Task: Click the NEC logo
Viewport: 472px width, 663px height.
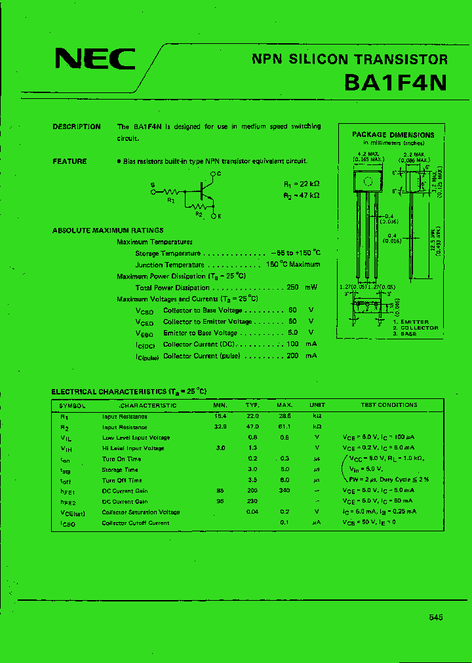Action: tap(94, 60)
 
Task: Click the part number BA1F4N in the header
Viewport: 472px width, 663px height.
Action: tap(396, 83)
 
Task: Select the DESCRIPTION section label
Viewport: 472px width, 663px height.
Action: tap(77, 127)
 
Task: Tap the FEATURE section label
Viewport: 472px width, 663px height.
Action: tap(69, 161)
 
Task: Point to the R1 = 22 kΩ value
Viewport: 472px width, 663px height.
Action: tap(302, 185)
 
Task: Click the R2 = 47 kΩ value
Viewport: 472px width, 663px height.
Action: tap(302, 195)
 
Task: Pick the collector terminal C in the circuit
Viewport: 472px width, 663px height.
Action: tap(218, 173)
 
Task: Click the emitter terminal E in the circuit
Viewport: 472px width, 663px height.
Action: tap(219, 215)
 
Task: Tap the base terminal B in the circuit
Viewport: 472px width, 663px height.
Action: tap(152, 185)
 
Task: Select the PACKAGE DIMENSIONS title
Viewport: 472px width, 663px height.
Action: tap(393, 134)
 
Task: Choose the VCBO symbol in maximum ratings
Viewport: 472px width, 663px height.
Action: tap(144, 311)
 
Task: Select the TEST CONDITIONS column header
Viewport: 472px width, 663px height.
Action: tap(389, 405)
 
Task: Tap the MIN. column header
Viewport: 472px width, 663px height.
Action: tap(220, 405)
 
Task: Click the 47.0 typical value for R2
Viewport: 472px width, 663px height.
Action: tap(252, 426)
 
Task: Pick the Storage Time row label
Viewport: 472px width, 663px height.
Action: tap(121, 469)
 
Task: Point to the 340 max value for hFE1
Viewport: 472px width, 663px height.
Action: tap(284, 491)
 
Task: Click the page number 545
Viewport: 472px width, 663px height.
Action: tap(437, 617)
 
